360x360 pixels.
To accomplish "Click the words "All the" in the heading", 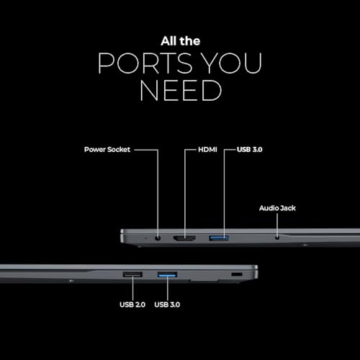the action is (x=181, y=41).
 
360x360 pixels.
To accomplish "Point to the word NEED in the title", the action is (x=181, y=91).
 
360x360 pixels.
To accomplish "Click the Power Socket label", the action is (x=107, y=150).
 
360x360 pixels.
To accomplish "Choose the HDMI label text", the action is (x=207, y=150).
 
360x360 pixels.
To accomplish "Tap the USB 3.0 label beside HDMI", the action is (x=250, y=150).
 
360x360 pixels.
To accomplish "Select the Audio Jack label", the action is (x=277, y=208).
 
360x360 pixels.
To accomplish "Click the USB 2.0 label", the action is (x=132, y=305).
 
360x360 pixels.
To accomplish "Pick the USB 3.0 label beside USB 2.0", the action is (x=167, y=305).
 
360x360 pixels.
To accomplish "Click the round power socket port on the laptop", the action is (x=158, y=238).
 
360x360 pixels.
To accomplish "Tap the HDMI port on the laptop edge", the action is (x=184, y=238).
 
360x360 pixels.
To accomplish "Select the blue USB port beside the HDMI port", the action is (x=219, y=238).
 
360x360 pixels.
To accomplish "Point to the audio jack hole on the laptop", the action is (x=277, y=238).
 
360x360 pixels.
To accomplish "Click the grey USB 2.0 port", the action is (x=132, y=274).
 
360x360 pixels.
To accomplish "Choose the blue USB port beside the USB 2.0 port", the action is (x=167, y=274).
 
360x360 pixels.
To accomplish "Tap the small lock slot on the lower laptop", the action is (x=237, y=274).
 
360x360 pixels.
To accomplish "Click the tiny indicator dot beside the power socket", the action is (x=145, y=238).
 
